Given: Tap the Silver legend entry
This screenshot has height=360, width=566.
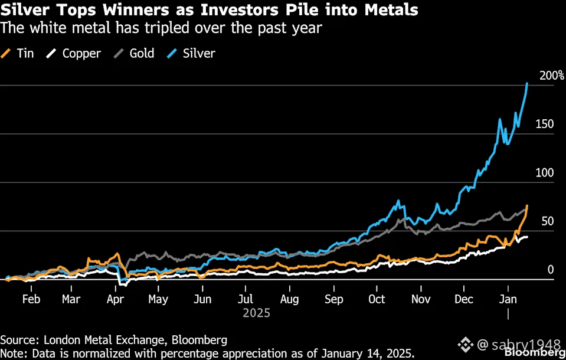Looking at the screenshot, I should click(x=191, y=53).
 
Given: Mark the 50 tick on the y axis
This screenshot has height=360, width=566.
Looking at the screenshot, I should click(x=547, y=221).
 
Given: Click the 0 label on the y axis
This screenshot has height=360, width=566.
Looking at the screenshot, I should click(x=550, y=270).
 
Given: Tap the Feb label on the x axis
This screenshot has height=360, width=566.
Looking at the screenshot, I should click(x=31, y=299).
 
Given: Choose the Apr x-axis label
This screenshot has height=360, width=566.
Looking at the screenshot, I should click(x=115, y=299).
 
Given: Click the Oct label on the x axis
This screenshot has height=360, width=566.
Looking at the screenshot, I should click(x=377, y=299).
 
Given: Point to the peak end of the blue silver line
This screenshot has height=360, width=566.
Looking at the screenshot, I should click(x=526, y=84).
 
